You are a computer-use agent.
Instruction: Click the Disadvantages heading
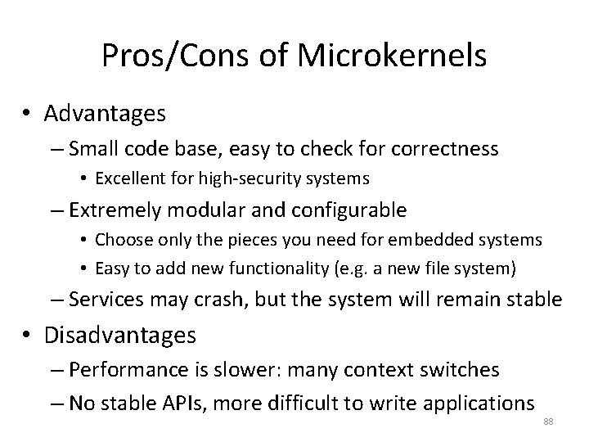click(x=120, y=336)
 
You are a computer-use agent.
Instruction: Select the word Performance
click(x=121, y=370)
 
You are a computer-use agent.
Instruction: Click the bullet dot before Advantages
click(x=29, y=114)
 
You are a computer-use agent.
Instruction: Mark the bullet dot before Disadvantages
click(x=29, y=336)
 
